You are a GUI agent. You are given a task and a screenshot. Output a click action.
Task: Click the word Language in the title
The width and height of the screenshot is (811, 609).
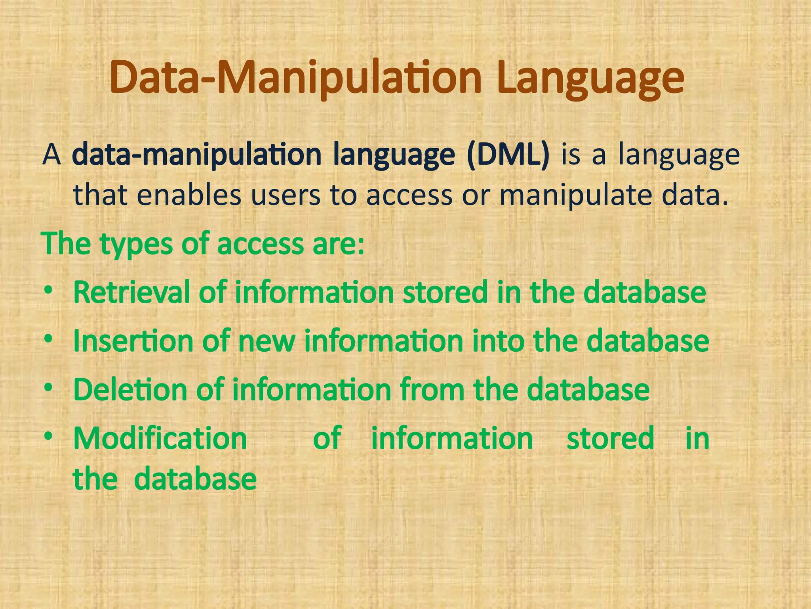[x=590, y=79]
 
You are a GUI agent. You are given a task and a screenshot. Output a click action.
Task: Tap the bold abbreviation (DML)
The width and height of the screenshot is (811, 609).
[x=508, y=155]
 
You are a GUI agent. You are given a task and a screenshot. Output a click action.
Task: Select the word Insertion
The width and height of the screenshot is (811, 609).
[x=133, y=341]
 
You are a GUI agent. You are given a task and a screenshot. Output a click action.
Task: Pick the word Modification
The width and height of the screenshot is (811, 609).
[x=160, y=439]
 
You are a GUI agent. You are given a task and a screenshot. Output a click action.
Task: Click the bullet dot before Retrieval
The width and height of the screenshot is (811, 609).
[x=48, y=291]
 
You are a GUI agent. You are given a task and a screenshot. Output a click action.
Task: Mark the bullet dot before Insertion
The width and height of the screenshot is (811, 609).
[x=48, y=340]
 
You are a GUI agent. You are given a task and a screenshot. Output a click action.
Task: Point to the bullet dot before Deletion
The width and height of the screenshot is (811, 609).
[x=48, y=389]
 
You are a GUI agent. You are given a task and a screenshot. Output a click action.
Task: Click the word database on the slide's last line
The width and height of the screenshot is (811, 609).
[x=195, y=479]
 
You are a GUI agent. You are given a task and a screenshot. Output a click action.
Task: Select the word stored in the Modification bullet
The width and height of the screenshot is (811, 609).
[x=610, y=439]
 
